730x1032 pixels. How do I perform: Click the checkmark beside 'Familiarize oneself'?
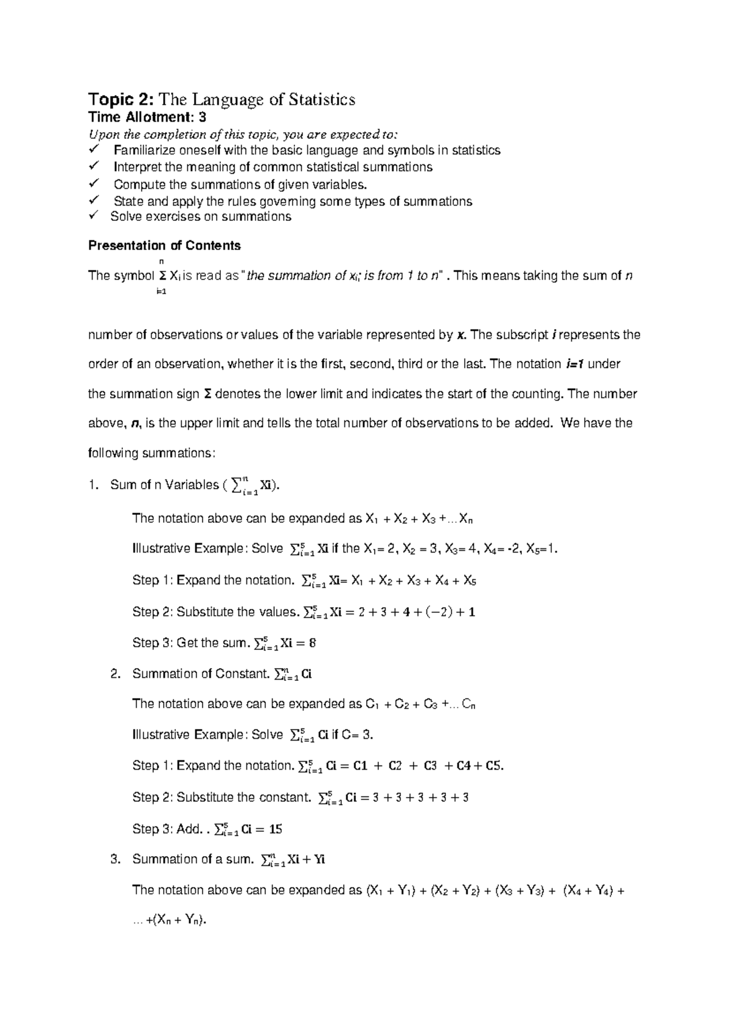click(x=94, y=150)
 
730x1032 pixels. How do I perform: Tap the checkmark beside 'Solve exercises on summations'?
click(x=94, y=216)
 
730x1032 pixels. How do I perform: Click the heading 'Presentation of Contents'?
click(x=164, y=246)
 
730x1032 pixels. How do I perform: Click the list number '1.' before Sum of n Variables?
click(x=92, y=485)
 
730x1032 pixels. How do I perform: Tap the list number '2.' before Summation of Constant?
click(x=116, y=674)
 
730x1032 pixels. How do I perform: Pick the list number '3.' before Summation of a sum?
click(x=116, y=859)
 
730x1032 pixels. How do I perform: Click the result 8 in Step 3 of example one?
click(x=312, y=643)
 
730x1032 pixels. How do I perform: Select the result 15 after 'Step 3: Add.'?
click(x=275, y=829)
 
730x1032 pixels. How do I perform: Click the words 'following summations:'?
click(x=151, y=453)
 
